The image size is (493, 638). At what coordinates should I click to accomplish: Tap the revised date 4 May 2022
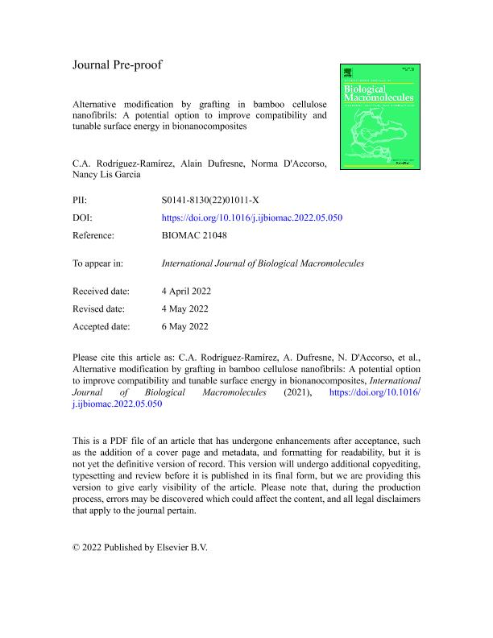pos(190,309)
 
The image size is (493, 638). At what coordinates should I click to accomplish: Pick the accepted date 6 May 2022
pos(190,326)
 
